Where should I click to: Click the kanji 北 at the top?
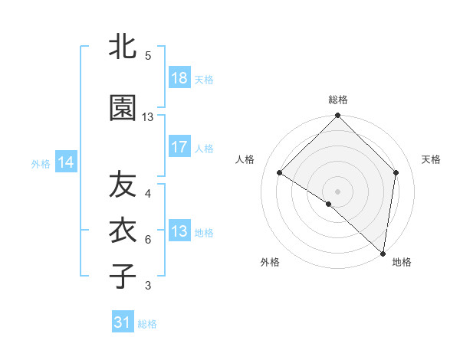pyautogui.click(x=123, y=47)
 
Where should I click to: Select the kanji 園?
pyautogui.click(x=123, y=109)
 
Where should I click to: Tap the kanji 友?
pyautogui.click(x=123, y=186)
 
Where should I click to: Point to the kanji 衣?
pyautogui.click(x=123, y=231)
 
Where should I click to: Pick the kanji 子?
pyautogui.click(x=123, y=275)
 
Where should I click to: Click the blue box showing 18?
pyautogui.click(x=179, y=78)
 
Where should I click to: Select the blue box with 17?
pyautogui.click(x=179, y=148)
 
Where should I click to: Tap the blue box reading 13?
pyautogui.click(x=179, y=231)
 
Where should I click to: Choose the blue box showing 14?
pyautogui.click(x=66, y=162)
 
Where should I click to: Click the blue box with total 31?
pyautogui.click(x=123, y=322)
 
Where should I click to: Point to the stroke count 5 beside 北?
pyautogui.click(x=148, y=55)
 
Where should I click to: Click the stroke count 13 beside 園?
pyautogui.click(x=148, y=117)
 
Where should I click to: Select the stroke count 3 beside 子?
pyautogui.click(x=148, y=286)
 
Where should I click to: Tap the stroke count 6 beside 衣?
pyautogui.click(x=148, y=239)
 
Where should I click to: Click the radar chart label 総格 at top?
pyautogui.click(x=338, y=100)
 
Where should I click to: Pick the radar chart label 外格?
pyautogui.click(x=270, y=262)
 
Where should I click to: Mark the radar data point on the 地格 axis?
pyautogui.click(x=383, y=253)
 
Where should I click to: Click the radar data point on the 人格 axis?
pyautogui.click(x=280, y=172)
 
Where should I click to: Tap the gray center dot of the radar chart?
pyautogui.click(x=337, y=191)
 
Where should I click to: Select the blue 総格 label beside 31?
pyautogui.click(x=147, y=324)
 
